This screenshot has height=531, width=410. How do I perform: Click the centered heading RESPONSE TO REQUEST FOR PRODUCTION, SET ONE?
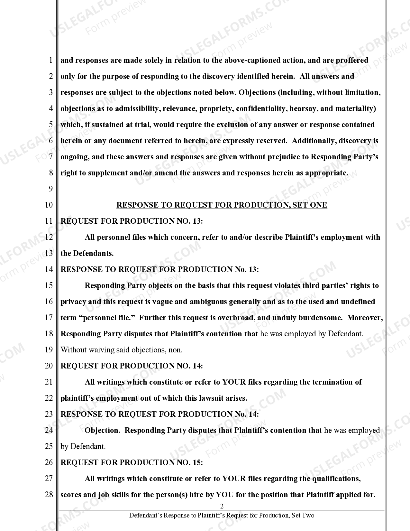[x=222, y=205]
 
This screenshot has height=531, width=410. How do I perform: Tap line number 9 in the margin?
[x=51, y=189]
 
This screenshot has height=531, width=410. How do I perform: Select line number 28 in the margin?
[x=49, y=495]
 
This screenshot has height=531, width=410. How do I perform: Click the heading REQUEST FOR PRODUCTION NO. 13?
[x=132, y=221]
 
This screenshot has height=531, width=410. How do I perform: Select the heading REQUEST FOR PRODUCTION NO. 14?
[x=132, y=366]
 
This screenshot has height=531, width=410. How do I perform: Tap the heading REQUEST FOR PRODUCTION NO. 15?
[x=132, y=462]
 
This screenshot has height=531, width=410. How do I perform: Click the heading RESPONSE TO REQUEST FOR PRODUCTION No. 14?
[x=159, y=414]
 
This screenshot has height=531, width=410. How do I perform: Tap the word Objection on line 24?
[x=102, y=430]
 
